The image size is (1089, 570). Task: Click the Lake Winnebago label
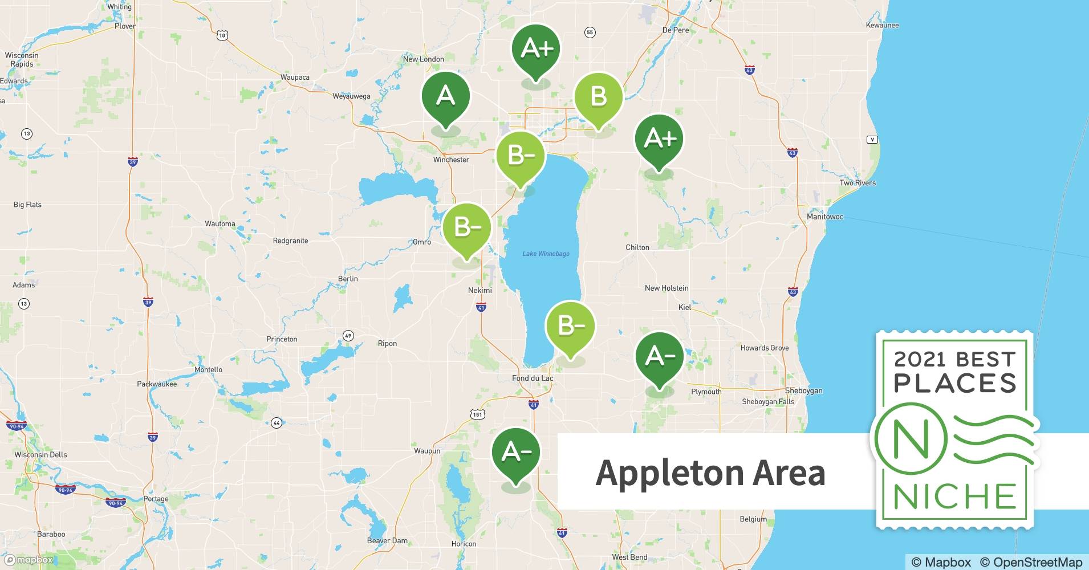[546, 254]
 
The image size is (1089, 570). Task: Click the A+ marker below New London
[535, 49]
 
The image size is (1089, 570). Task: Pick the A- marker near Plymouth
[659, 357]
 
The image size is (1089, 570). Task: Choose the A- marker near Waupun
[515, 453]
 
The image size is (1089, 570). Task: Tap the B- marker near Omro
[466, 227]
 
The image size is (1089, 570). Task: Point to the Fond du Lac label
[532, 378]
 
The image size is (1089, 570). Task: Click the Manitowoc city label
[824, 217]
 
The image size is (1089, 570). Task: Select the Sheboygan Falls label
[767, 402]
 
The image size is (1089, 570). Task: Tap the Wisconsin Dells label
[40, 455]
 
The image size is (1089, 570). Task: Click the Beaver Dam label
[387, 541]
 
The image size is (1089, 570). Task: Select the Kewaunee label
[881, 25]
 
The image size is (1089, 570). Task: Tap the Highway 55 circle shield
[590, 32]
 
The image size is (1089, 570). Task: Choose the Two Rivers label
[857, 183]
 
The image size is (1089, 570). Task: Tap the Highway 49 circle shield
[348, 335]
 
